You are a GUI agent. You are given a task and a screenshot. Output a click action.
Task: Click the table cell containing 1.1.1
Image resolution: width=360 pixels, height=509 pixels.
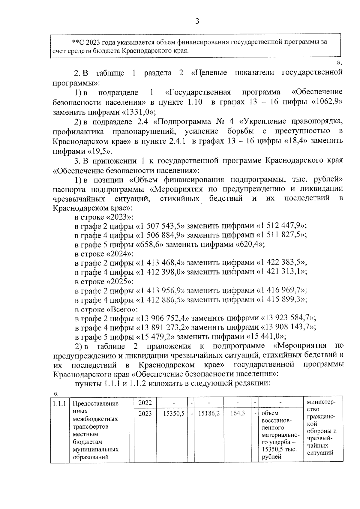(x=59, y=403)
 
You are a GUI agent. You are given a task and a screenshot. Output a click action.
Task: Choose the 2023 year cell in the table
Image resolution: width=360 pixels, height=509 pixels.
(x=145, y=414)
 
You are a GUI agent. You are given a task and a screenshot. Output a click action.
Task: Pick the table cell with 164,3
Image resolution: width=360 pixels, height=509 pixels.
(x=238, y=414)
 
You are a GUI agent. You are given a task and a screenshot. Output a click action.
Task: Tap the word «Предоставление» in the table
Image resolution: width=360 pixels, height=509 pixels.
(x=96, y=403)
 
